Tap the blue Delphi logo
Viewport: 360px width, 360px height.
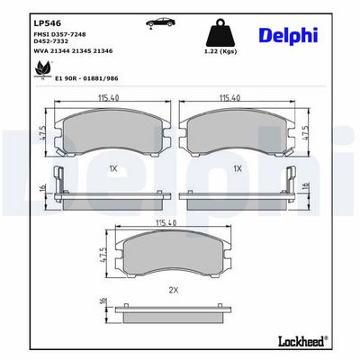click(x=288, y=36)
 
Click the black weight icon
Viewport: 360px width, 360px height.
click(x=220, y=32)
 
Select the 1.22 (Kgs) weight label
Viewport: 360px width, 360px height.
click(x=220, y=51)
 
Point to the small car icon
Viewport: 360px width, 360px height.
click(x=159, y=22)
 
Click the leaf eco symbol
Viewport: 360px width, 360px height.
click(x=42, y=69)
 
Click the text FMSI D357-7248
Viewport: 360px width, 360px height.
click(x=60, y=34)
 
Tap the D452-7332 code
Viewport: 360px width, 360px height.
click(x=51, y=41)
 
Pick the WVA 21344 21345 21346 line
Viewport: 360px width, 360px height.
click(x=74, y=51)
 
